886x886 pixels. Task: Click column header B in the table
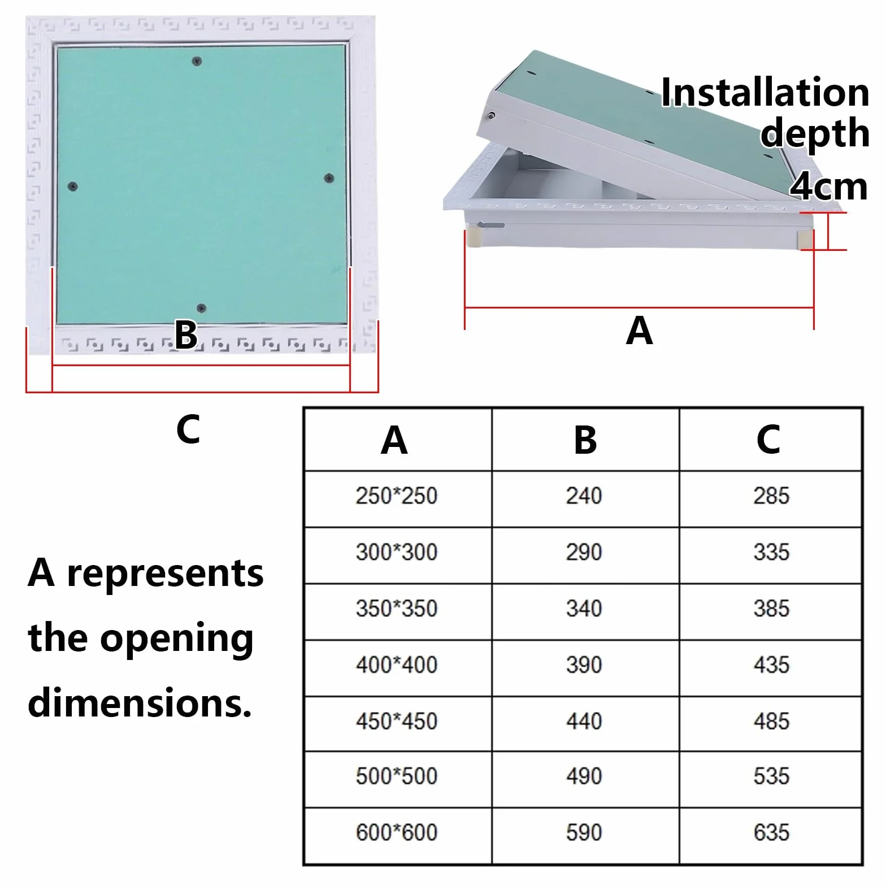click(585, 440)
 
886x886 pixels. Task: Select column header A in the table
click(394, 440)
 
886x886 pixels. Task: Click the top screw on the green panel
click(197, 61)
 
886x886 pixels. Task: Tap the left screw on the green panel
click(72, 186)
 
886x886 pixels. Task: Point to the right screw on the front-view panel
click(329, 179)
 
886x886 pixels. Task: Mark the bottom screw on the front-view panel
click(201, 309)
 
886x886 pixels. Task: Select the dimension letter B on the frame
click(186, 335)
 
